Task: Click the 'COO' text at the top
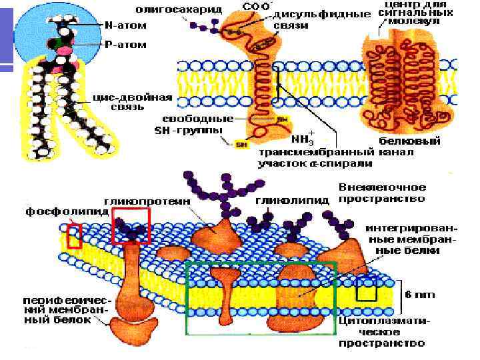(x=257, y=6)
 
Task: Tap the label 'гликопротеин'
(x=147, y=200)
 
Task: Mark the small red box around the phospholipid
(x=74, y=236)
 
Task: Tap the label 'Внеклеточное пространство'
(x=382, y=193)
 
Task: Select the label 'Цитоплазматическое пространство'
(x=382, y=331)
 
